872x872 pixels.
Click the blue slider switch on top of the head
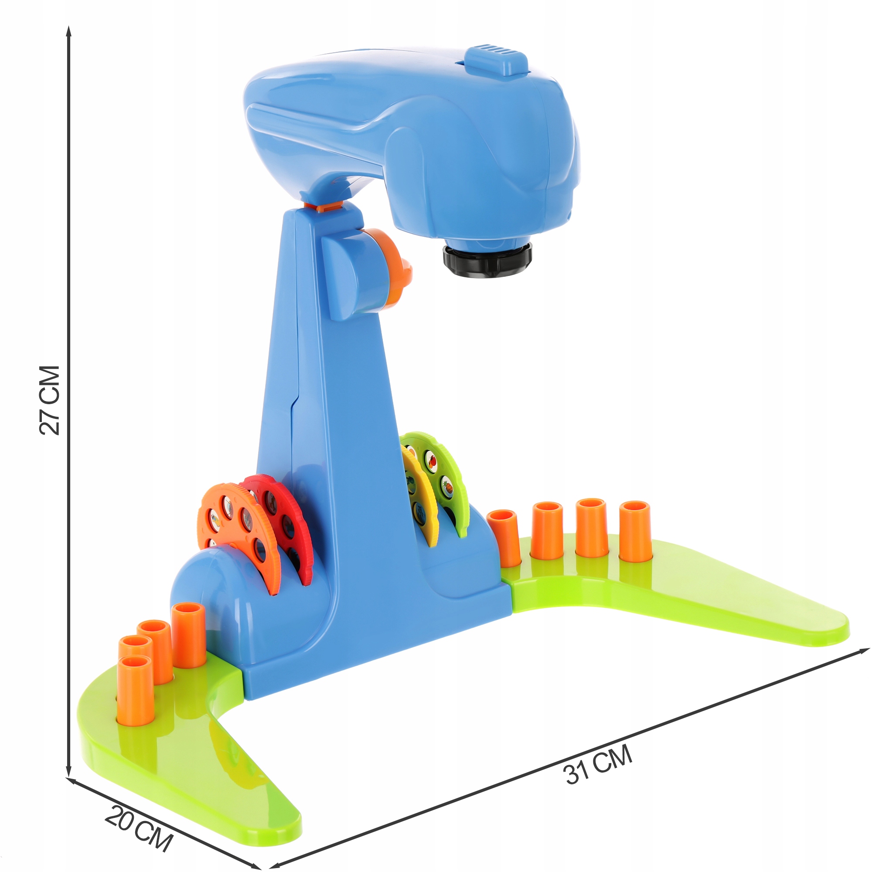coord(497,59)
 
